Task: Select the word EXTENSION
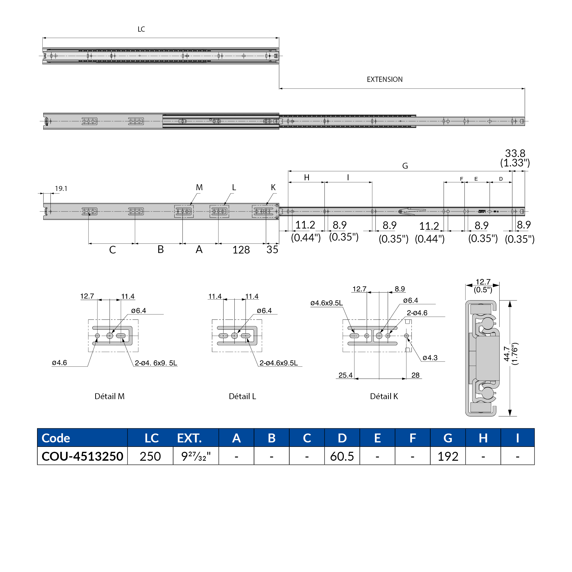pos(384,79)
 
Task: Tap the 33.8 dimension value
pos(515,153)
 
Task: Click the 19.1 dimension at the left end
pos(61,189)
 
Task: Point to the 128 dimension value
pos(241,250)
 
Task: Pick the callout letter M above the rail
pos(199,187)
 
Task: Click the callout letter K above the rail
pos(273,187)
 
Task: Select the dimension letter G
pos(405,166)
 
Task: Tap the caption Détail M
pos(110,396)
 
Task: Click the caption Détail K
pos(384,396)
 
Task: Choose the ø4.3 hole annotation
pos(430,358)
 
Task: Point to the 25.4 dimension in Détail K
pos(345,375)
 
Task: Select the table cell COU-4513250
pos(82,456)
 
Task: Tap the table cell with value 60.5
pos(342,456)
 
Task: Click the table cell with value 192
pos(448,456)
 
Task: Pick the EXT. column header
pos(189,438)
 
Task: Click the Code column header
pos(56,438)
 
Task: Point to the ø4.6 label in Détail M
pos(60,363)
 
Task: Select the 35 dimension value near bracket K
pos(272,250)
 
